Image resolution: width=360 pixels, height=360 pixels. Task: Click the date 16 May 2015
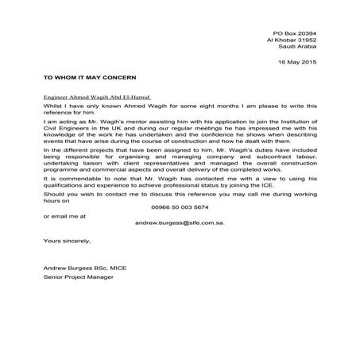click(296, 62)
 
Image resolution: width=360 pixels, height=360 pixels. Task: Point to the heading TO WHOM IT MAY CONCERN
click(90, 78)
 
